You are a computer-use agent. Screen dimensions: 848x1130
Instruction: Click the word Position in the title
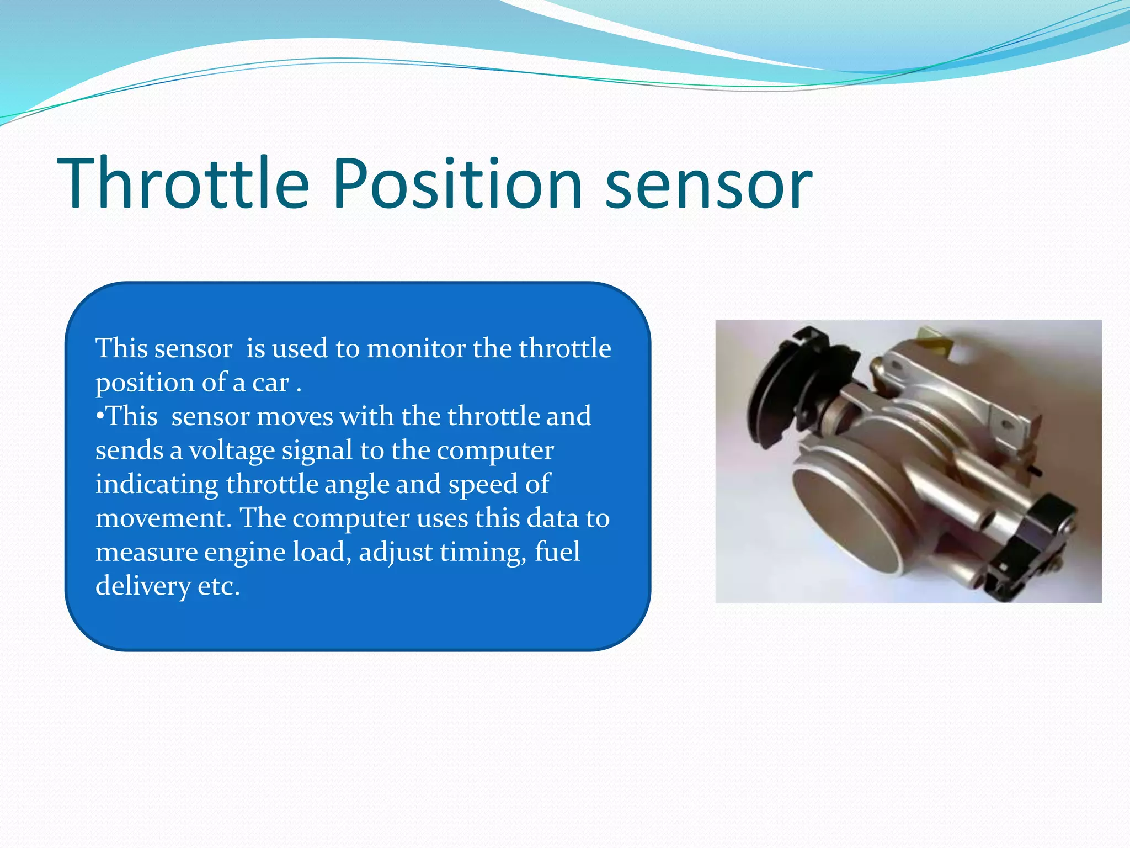(457, 183)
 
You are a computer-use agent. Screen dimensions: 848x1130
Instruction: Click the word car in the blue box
(270, 383)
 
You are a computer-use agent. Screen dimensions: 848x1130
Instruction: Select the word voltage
(232, 451)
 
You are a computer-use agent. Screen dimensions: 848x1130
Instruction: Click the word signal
(317, 451)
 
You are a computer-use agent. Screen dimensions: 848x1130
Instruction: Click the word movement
(163, 518)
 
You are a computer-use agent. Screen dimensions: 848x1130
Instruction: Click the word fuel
(557, 552)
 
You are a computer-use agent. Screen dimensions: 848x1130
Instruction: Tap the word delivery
(143, 586)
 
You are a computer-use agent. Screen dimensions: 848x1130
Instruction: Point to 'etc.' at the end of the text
(219, 586)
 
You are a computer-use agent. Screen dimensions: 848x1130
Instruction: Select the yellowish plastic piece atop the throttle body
(932, 338)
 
